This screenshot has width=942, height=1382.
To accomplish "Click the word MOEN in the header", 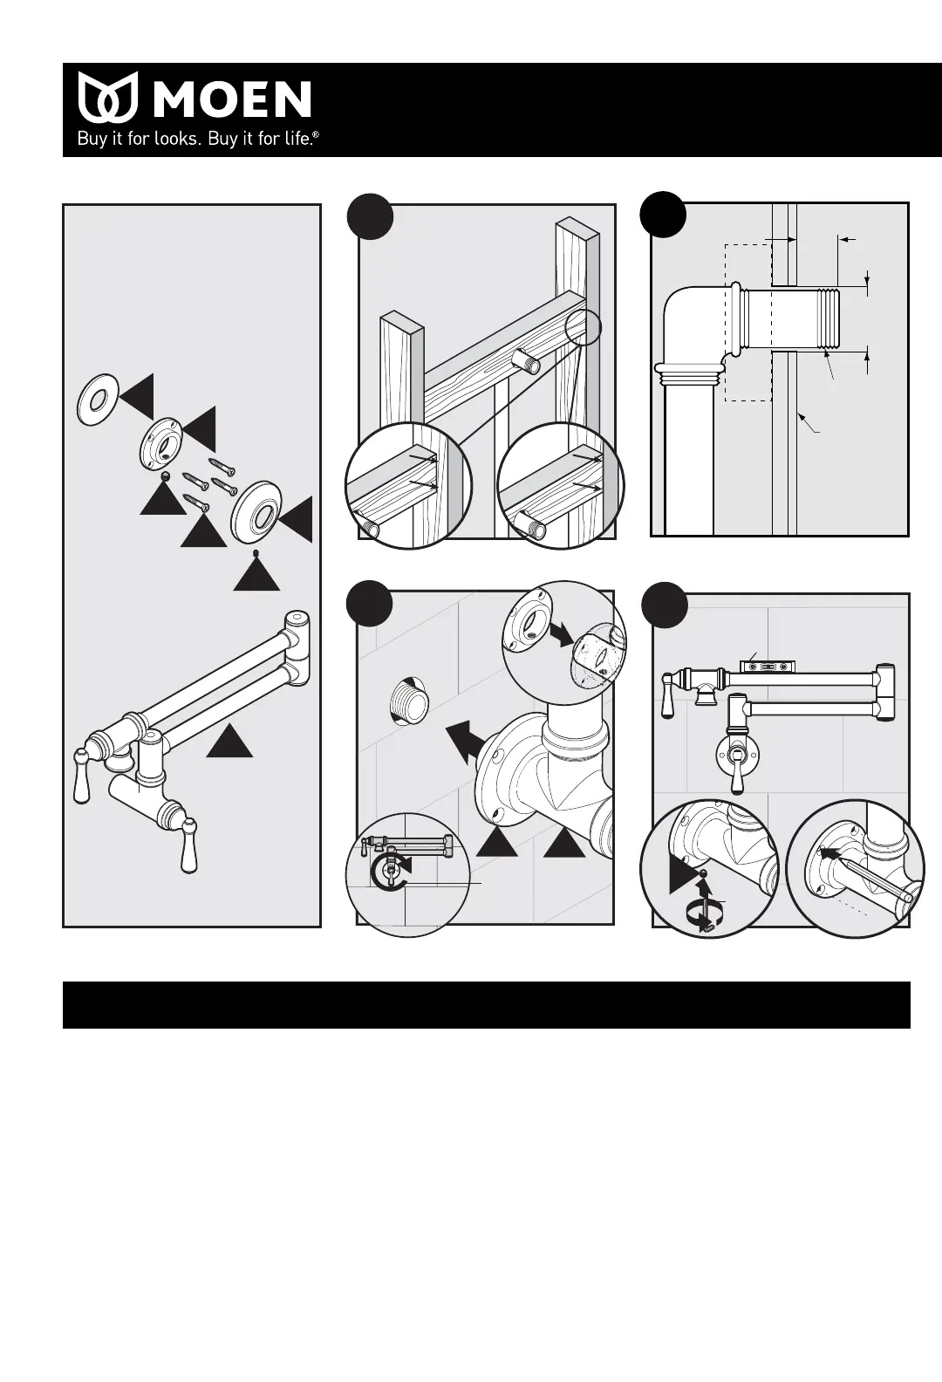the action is [x=232, y=99].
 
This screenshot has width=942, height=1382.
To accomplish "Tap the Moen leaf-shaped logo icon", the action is [x=108, y=97].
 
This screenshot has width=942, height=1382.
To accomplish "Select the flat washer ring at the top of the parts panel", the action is [x=96, y=399].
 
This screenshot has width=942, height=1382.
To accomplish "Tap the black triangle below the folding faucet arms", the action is [x=229, y=741].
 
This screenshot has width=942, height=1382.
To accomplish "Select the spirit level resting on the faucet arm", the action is [x=768, y=666].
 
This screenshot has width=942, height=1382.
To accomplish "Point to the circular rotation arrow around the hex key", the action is [x=702, y=915].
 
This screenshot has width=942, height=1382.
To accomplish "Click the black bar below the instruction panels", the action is [x=486, y=1004].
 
